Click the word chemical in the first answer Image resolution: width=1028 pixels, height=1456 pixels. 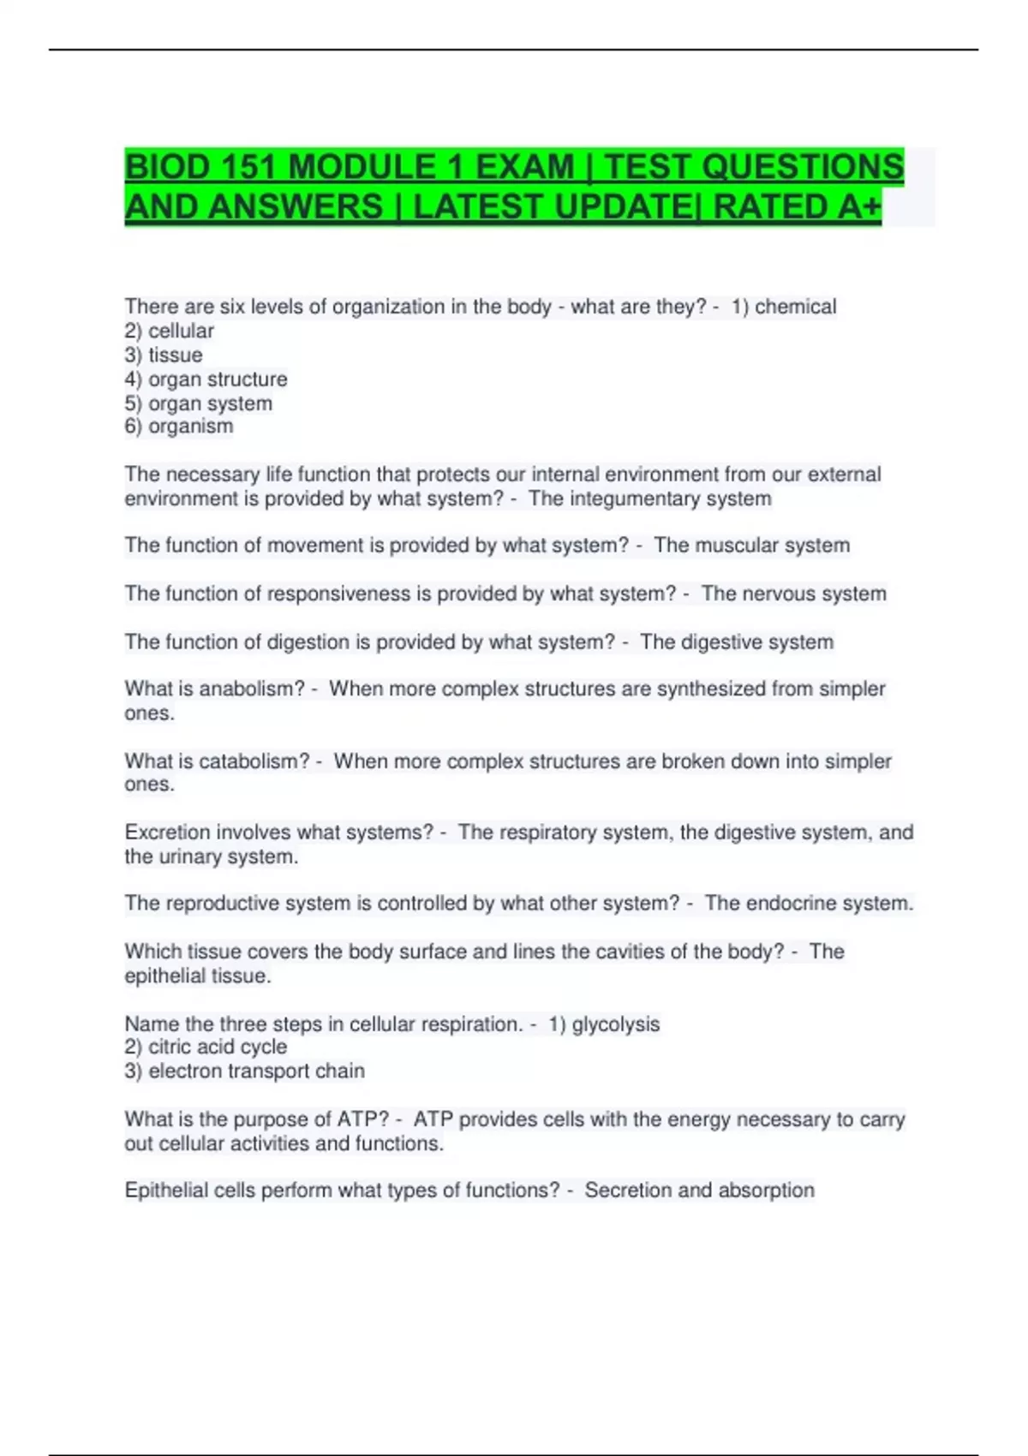coord(795,307)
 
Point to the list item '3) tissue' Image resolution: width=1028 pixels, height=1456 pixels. coord(164,355)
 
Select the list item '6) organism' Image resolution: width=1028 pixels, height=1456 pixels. coord(179,426)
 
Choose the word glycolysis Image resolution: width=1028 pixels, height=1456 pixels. coord(616,1023)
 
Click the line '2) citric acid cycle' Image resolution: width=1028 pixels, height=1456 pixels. coord(206,1047)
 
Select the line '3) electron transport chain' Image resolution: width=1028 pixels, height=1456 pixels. coord(244,1071)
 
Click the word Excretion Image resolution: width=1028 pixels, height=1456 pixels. coord(167,832)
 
